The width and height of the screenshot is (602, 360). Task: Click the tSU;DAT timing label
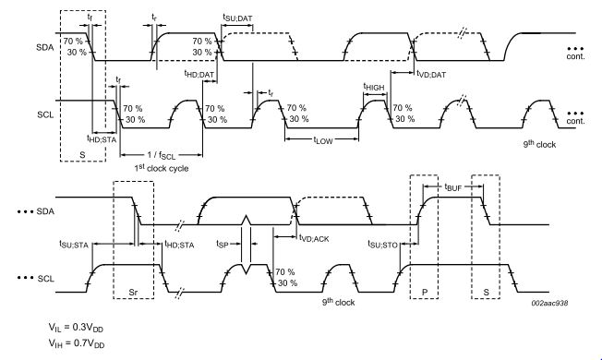tap(240, 18)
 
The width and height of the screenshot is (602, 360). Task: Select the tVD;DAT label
tap(432, 73)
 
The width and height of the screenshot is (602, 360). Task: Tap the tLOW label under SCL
tap(322, 140)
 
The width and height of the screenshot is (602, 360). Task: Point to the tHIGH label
tap(373, 86)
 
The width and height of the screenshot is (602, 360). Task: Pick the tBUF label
tap(452, 187)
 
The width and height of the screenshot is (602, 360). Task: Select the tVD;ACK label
tap(315, 238)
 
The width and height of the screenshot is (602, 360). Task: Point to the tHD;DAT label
tap(199, 73)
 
